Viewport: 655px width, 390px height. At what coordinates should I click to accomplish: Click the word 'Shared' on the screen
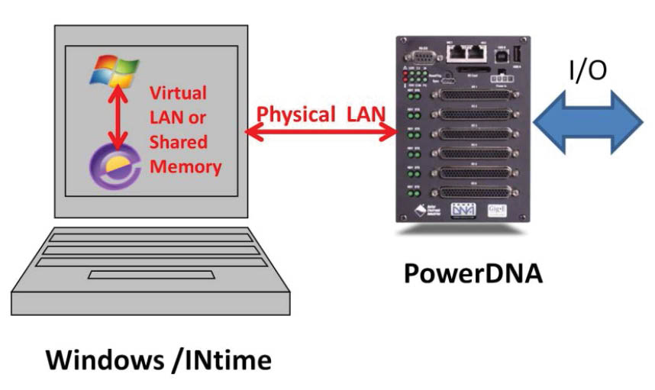click(x=178, y=143)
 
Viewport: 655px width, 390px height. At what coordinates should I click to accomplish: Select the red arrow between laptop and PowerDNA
click(x=320, y=133)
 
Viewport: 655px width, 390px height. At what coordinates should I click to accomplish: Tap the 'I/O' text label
click(x=587, y=70)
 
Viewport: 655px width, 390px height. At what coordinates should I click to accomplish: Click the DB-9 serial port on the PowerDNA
click(x=420, y=56)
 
